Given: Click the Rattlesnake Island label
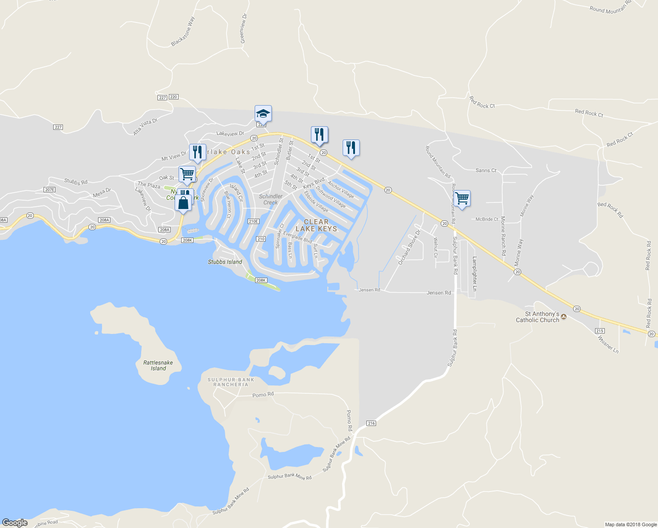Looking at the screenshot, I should (x=158, y=366).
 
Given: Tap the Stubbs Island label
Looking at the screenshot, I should (x=225, y=262).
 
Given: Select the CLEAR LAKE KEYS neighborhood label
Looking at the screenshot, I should (x=316, y=225).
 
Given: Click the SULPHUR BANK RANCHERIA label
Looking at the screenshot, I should (x=231, y=382).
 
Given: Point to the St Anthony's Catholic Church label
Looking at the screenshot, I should (x=537, y=317).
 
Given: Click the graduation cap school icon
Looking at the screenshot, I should (x=263, y=114).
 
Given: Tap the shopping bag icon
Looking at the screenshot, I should (x=183, y=203).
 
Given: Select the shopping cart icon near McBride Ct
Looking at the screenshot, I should (x=462, y=198).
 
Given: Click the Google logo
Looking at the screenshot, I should (x=15, y=523).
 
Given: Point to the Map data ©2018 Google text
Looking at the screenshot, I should (x=631, y=524).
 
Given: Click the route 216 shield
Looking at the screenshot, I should (x=371, y=423).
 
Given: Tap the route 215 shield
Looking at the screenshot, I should (x=600, y=331).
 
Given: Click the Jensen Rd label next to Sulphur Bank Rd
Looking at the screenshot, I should (x=439, y=293).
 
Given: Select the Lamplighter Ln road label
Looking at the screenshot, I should (x=475, y=273).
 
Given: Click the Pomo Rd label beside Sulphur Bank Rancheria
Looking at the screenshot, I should (x=263, y=395).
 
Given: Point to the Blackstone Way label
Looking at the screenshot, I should (x=183, y=32).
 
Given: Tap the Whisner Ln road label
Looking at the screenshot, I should (x=608, y=344).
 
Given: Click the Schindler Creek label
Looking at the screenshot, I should (x=271, y=199).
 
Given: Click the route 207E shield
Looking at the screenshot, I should (x=49, y=190).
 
